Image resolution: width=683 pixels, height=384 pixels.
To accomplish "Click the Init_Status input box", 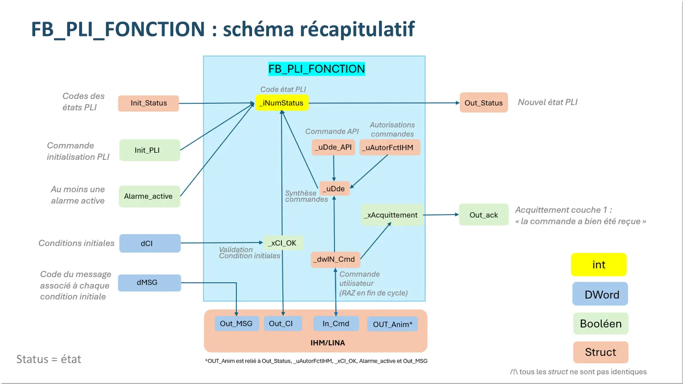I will click(148, 103).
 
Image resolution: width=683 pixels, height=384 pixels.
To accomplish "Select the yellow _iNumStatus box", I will click(282, 103).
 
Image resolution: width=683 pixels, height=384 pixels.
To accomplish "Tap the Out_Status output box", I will click(483, 103).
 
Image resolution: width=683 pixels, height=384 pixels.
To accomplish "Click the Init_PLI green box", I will click(149, 150).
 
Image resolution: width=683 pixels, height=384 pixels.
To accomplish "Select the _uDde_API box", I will click(333, 147).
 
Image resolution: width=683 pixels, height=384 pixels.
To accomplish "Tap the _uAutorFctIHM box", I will click(389, 147).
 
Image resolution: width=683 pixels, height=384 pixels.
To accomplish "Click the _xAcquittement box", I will click(392, 215).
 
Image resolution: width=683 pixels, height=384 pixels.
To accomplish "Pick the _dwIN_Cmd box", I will click(335, 259).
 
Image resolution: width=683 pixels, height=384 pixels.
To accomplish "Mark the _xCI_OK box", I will click(283, 243).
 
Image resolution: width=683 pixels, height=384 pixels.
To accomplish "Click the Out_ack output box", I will click(483, 215).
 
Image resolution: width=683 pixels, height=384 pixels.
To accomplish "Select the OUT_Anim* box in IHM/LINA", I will click(392, 324).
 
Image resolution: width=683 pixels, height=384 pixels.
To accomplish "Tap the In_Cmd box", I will click(336, 324).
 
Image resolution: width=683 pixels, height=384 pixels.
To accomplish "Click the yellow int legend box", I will click(599, 264).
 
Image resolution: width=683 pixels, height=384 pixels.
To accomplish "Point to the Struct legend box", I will click(600, 352).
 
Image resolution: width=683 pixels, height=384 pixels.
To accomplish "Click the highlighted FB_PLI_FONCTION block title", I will click(316, 69).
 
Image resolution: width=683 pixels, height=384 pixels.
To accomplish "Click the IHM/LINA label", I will click(327, 343).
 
